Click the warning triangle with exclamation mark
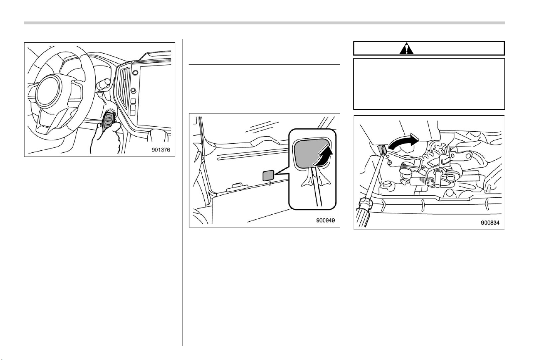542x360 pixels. pyautogui.click(x=407, y=48)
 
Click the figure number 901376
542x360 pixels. pyautogui.click(x=161, y=150)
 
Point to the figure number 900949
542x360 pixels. pyautogui.click(x=325, y=220)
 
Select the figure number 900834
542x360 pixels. pyautogui.click(x=490, y=223)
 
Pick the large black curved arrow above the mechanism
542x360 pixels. pyautogui.click(x=403, y=142)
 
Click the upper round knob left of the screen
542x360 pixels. pyautogui.click(x=135, y=72)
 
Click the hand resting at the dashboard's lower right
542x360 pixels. pyautogui.click(x=158, y=135)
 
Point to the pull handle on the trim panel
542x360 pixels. pyautogui.click(x=237, y=187)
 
